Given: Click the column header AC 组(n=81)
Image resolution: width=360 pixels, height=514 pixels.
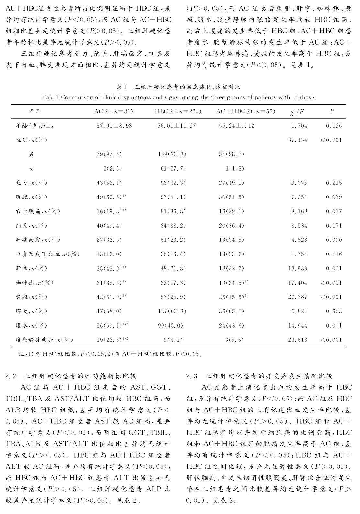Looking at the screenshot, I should (114, 111).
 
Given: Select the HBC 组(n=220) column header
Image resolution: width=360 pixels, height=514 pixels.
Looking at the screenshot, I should (178, 111).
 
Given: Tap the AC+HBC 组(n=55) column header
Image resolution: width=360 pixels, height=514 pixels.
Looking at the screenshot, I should (245, 111).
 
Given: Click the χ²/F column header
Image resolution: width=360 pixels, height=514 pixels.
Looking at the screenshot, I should (297, 112).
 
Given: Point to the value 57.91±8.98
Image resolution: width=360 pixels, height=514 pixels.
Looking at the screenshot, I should (114, 126).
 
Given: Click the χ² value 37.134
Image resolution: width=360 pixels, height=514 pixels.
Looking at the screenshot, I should (298, 140).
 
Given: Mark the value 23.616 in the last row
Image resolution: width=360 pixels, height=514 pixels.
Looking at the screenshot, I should (298, 340).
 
